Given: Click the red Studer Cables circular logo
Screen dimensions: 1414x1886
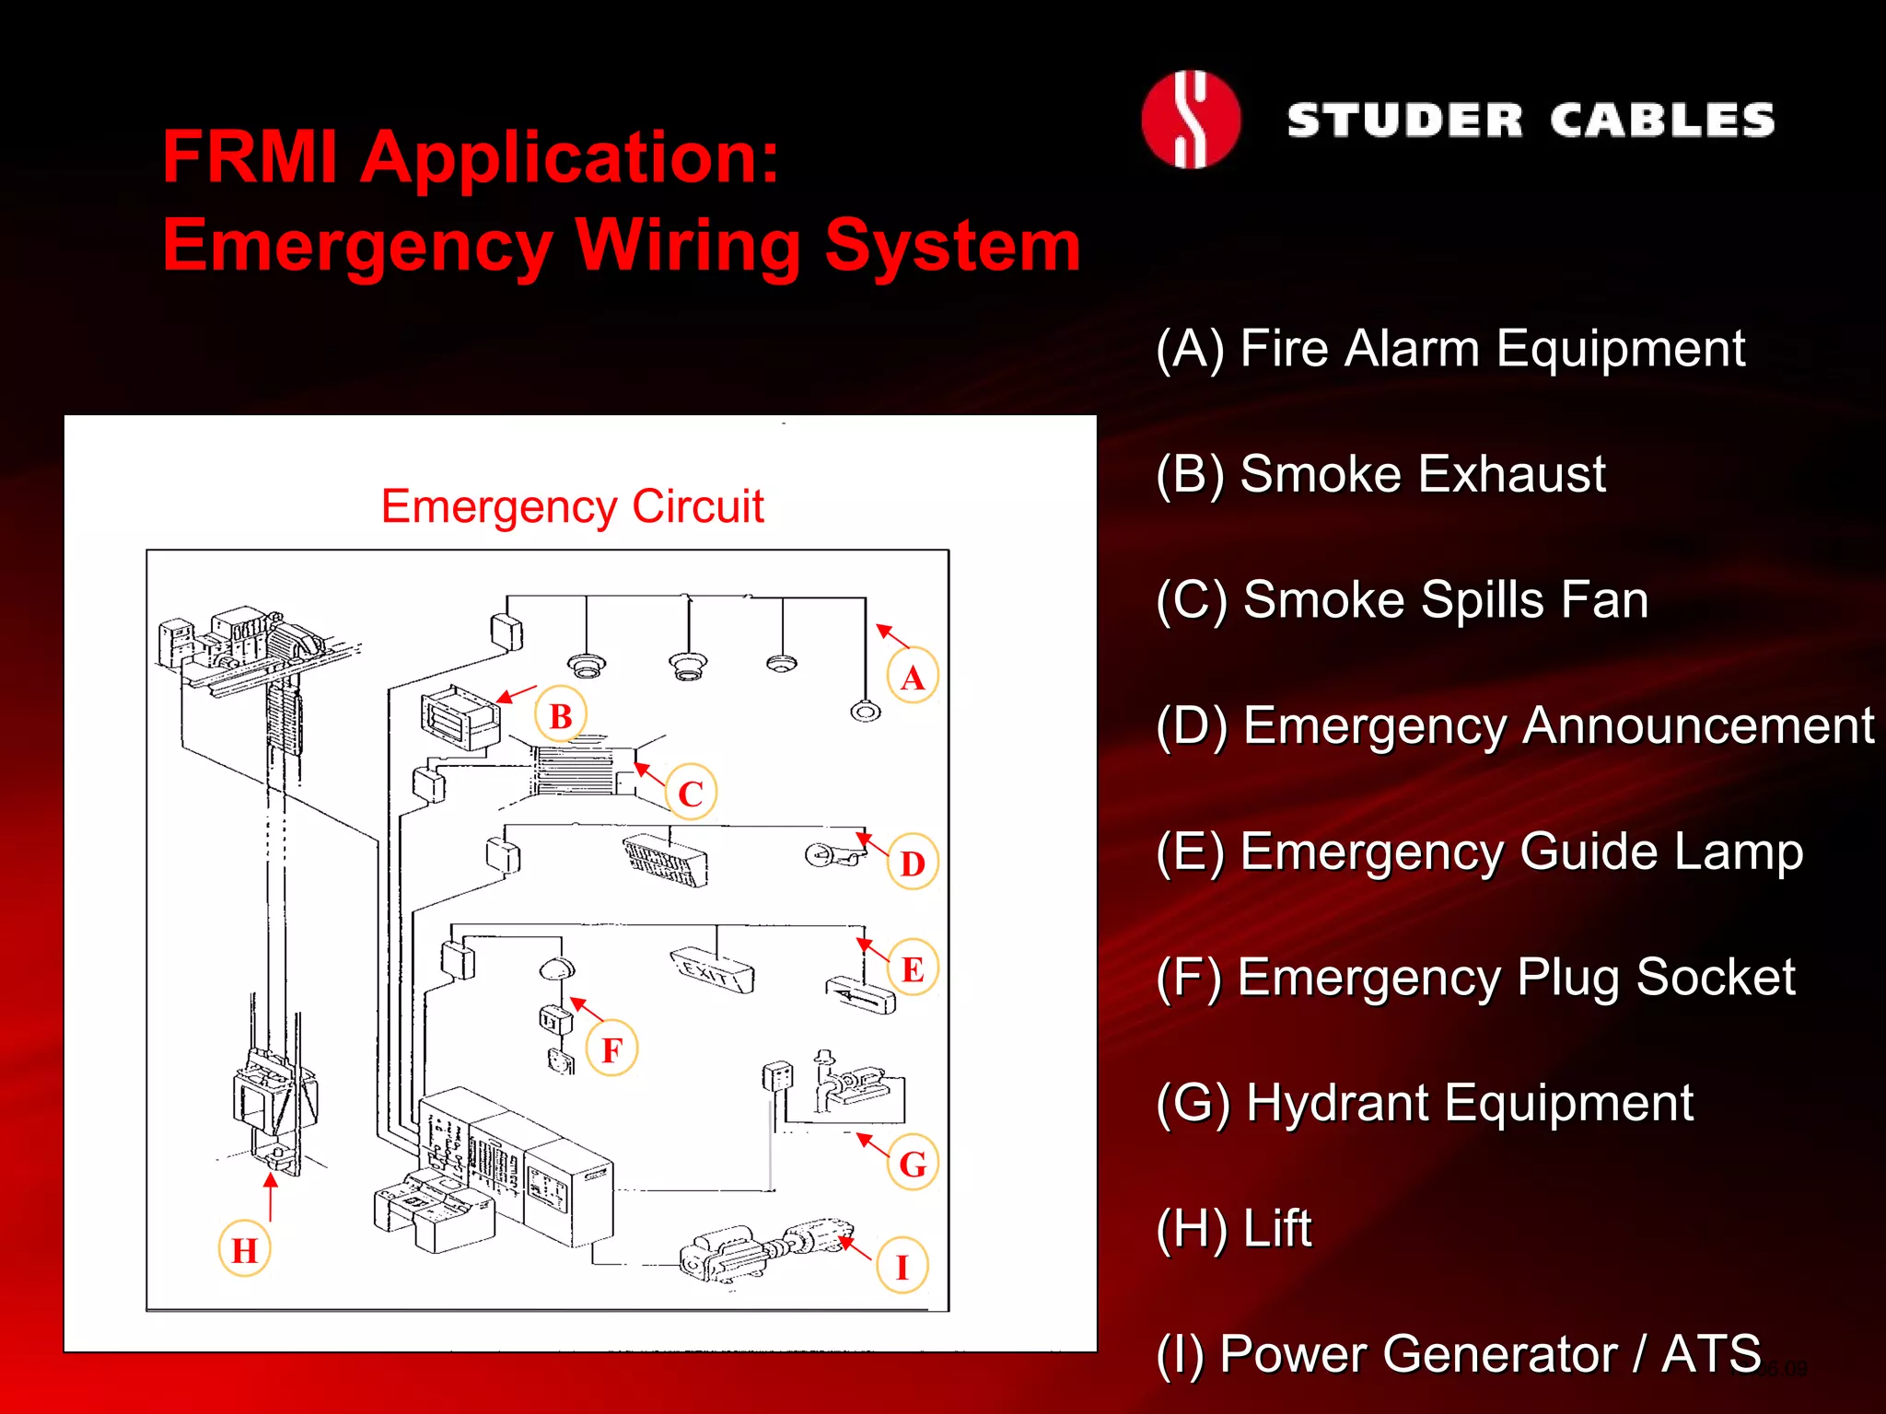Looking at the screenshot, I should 1190,120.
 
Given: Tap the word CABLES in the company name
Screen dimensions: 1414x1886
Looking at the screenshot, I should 1661,121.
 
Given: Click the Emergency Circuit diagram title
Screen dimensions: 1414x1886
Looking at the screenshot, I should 572,506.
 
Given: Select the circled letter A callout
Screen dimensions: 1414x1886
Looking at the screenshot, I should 912,677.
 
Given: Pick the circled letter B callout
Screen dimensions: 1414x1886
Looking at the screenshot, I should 560,715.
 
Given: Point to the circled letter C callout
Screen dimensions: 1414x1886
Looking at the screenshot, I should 690,793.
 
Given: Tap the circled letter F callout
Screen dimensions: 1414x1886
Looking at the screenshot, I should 611,1049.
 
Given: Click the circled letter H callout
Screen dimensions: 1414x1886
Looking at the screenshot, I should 244,1250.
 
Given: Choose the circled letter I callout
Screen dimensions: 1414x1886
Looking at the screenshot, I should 902,1267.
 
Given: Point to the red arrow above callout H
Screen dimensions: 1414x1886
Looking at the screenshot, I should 270,1197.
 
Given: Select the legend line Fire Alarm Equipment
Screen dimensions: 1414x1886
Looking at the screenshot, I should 1449,349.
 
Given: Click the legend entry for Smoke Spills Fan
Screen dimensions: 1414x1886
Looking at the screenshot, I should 1402,600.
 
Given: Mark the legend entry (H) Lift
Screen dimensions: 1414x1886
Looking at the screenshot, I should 1233,1229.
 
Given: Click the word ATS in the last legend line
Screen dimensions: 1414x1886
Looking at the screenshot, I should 1710,1354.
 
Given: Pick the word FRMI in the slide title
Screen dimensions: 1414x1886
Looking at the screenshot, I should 250,156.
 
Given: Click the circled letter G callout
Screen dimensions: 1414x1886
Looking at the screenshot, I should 912,1164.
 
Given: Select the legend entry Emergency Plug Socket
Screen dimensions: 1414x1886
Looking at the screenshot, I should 1475,978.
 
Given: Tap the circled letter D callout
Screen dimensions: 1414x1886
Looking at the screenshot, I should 912,863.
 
